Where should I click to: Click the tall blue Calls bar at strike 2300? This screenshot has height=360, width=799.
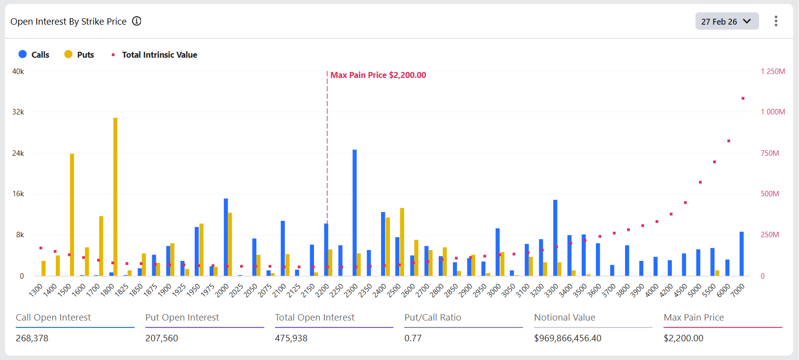pos(354,212)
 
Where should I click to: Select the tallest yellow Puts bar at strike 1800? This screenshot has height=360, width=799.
pos(115,197)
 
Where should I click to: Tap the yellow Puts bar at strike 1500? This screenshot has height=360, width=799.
pos(72,215)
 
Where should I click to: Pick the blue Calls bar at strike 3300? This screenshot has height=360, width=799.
pos(555,238)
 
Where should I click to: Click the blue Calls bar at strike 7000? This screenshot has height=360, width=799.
pos(741,253)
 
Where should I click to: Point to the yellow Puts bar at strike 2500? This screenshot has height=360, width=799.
pos(402,242)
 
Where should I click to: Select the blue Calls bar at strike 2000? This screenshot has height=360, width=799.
pos(226,237)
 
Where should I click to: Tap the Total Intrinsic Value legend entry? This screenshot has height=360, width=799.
pos(154,55)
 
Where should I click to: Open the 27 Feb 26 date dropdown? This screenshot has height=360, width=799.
pos(727,21)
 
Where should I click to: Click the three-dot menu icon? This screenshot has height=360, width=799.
pos(776,21)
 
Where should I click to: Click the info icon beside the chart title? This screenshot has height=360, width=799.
pos(137,21)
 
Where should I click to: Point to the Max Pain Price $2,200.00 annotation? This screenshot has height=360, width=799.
pos(378,75)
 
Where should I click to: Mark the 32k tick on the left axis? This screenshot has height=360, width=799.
pos(18,112)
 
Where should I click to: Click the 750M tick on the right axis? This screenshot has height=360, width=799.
pos(769,153)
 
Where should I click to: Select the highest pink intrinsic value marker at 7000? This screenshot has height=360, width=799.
pos(743,98)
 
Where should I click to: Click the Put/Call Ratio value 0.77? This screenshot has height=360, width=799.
pos(413,338)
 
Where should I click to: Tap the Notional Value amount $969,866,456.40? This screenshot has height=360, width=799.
pos(567,338)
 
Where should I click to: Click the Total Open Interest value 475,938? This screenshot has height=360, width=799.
pos(291,338)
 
